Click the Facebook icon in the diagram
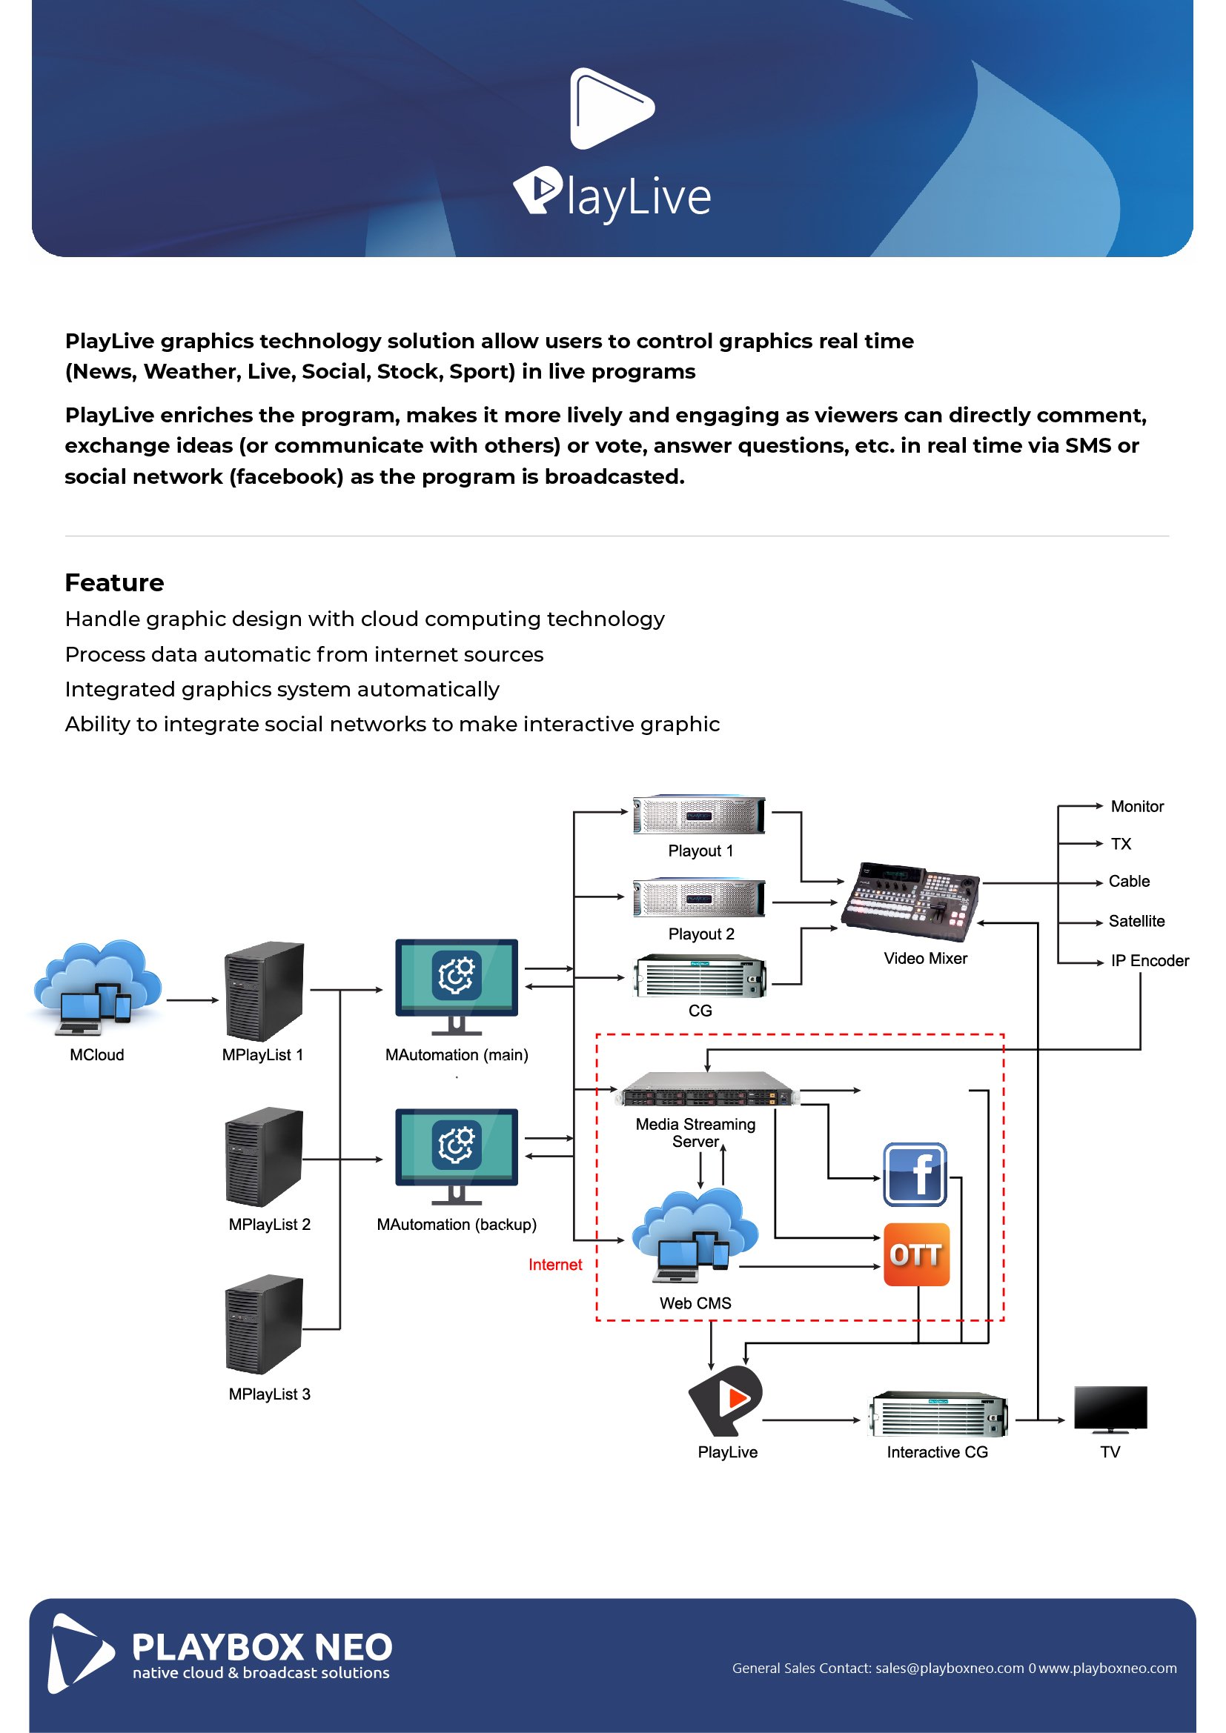pos(914,1174)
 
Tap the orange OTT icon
pos(915,1254)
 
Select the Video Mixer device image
pos(910,901)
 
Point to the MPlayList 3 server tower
pos(264,1324)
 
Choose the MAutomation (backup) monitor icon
pos(456,1156)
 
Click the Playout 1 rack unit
pos(698,814)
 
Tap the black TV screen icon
pos(1110,1408)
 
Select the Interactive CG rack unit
pos(938,1414)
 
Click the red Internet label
pos(555,1264)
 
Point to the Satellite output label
pos(1136,921)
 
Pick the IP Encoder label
pos(1149,960)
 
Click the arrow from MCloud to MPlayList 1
pos(192,1000)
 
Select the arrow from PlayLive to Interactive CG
pos(811,1420)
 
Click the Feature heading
pos(114,582)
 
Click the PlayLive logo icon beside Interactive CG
pos(726,1400)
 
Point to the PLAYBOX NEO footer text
pos(262,1647)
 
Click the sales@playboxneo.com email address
pos(949,1668)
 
